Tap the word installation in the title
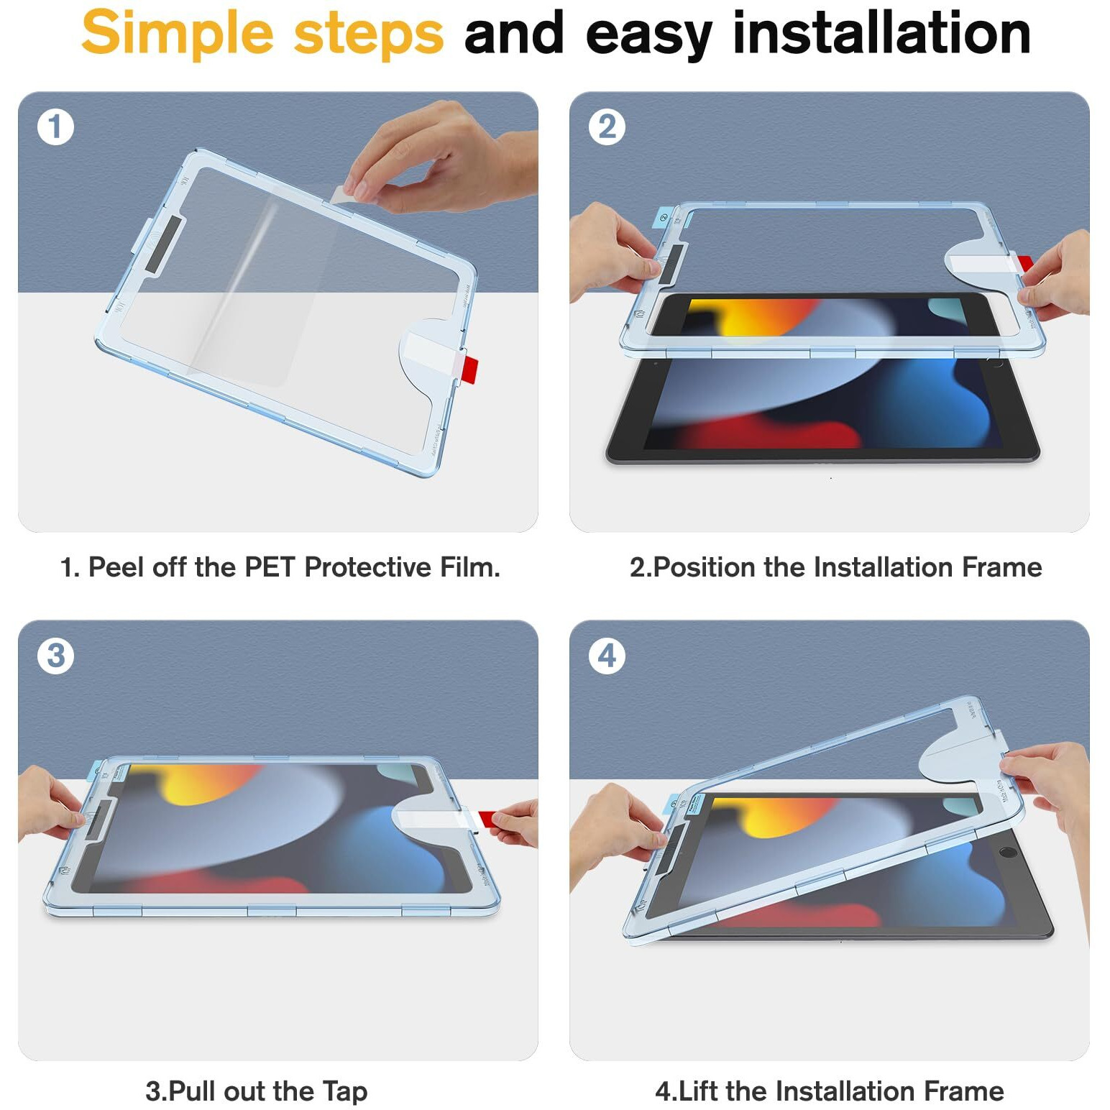point(882,32)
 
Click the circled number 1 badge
point(55,127)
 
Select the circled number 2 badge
point(607,127)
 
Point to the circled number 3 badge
point(55,656)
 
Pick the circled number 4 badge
point(607,656)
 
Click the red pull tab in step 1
point(468,367)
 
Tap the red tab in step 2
point(1024,263)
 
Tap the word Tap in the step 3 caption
point(344,1091)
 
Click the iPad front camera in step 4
point(1008,853)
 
